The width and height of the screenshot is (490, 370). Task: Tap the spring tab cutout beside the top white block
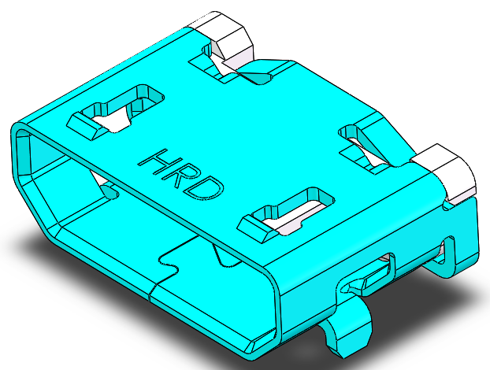coord(228,67)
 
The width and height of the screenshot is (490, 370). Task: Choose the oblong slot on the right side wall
coord(376,272)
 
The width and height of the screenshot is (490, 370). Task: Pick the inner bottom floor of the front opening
coord(118,236)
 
